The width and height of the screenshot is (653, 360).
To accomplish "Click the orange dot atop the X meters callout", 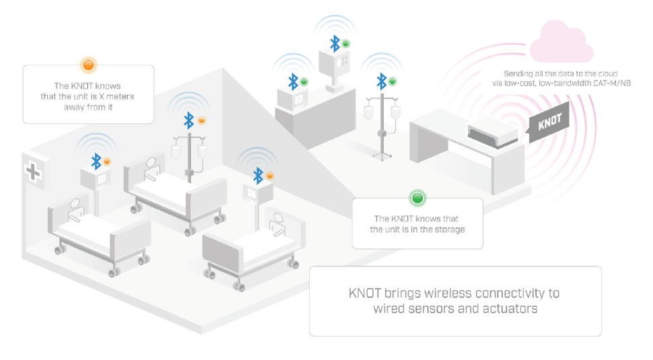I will click(88, 65).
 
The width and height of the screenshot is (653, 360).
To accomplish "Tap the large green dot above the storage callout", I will click(417, 199).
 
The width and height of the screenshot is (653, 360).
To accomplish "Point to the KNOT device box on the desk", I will click(491, 131).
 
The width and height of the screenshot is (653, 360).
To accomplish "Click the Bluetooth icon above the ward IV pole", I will click(189, 121).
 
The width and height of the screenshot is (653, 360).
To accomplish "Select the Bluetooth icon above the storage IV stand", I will click(382, 81).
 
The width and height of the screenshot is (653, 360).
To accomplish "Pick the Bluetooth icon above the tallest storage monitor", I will click(335, 44).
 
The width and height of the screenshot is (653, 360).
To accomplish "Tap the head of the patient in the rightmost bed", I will click(276, 218).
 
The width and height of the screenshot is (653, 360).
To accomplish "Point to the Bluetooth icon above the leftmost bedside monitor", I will click(96, 161).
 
